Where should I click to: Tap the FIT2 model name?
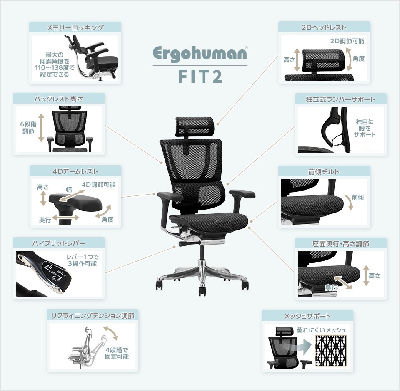200,76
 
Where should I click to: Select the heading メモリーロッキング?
75,27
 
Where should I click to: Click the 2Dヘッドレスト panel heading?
324,27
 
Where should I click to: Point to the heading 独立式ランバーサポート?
340,99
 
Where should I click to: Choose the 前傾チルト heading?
324,172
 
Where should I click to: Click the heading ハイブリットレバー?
59,243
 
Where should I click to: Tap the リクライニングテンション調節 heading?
92,316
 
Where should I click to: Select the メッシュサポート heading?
307,316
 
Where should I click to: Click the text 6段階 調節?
28,128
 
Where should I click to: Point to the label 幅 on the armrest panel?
69,189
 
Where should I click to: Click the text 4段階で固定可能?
117,353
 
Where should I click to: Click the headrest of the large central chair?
195,126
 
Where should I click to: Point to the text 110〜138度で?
55,68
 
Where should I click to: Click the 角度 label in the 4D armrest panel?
107,219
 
